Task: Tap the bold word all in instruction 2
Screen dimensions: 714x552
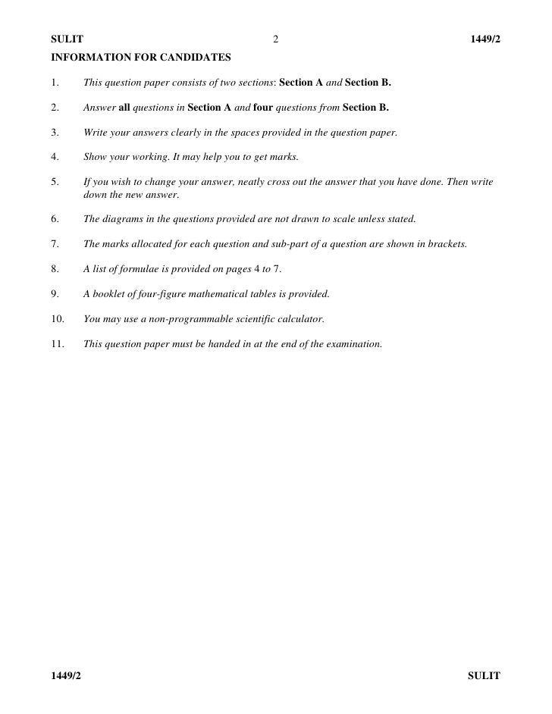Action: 126,107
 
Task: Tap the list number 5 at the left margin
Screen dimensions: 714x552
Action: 55,183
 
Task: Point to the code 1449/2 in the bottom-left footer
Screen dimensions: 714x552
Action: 66,675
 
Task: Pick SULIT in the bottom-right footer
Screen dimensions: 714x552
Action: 484,675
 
